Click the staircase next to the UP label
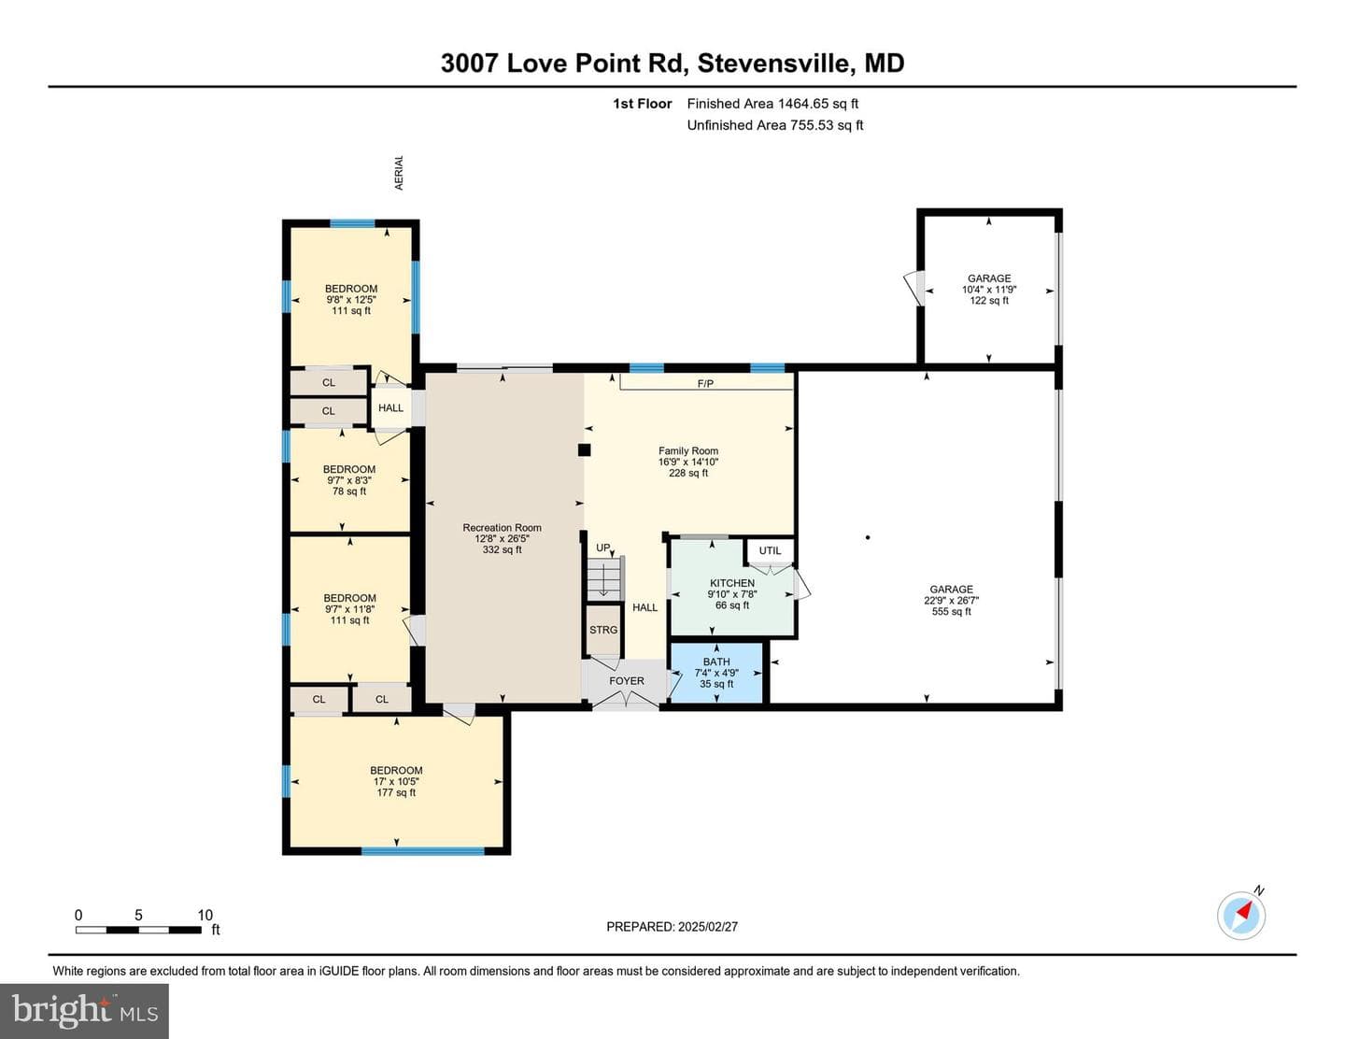[604, 577]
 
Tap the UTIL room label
[770, 550]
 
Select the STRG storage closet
[603, 630]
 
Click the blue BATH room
[716, 673]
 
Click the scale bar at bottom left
[138, 930]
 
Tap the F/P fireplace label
[705, 384]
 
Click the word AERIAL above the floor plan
[399, 173]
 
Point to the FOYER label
[627, 681]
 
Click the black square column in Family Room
[585, 450]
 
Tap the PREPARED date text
[672, 927]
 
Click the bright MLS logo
[84, 1011]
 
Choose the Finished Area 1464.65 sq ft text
[772, 104]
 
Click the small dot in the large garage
[868, 537]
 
